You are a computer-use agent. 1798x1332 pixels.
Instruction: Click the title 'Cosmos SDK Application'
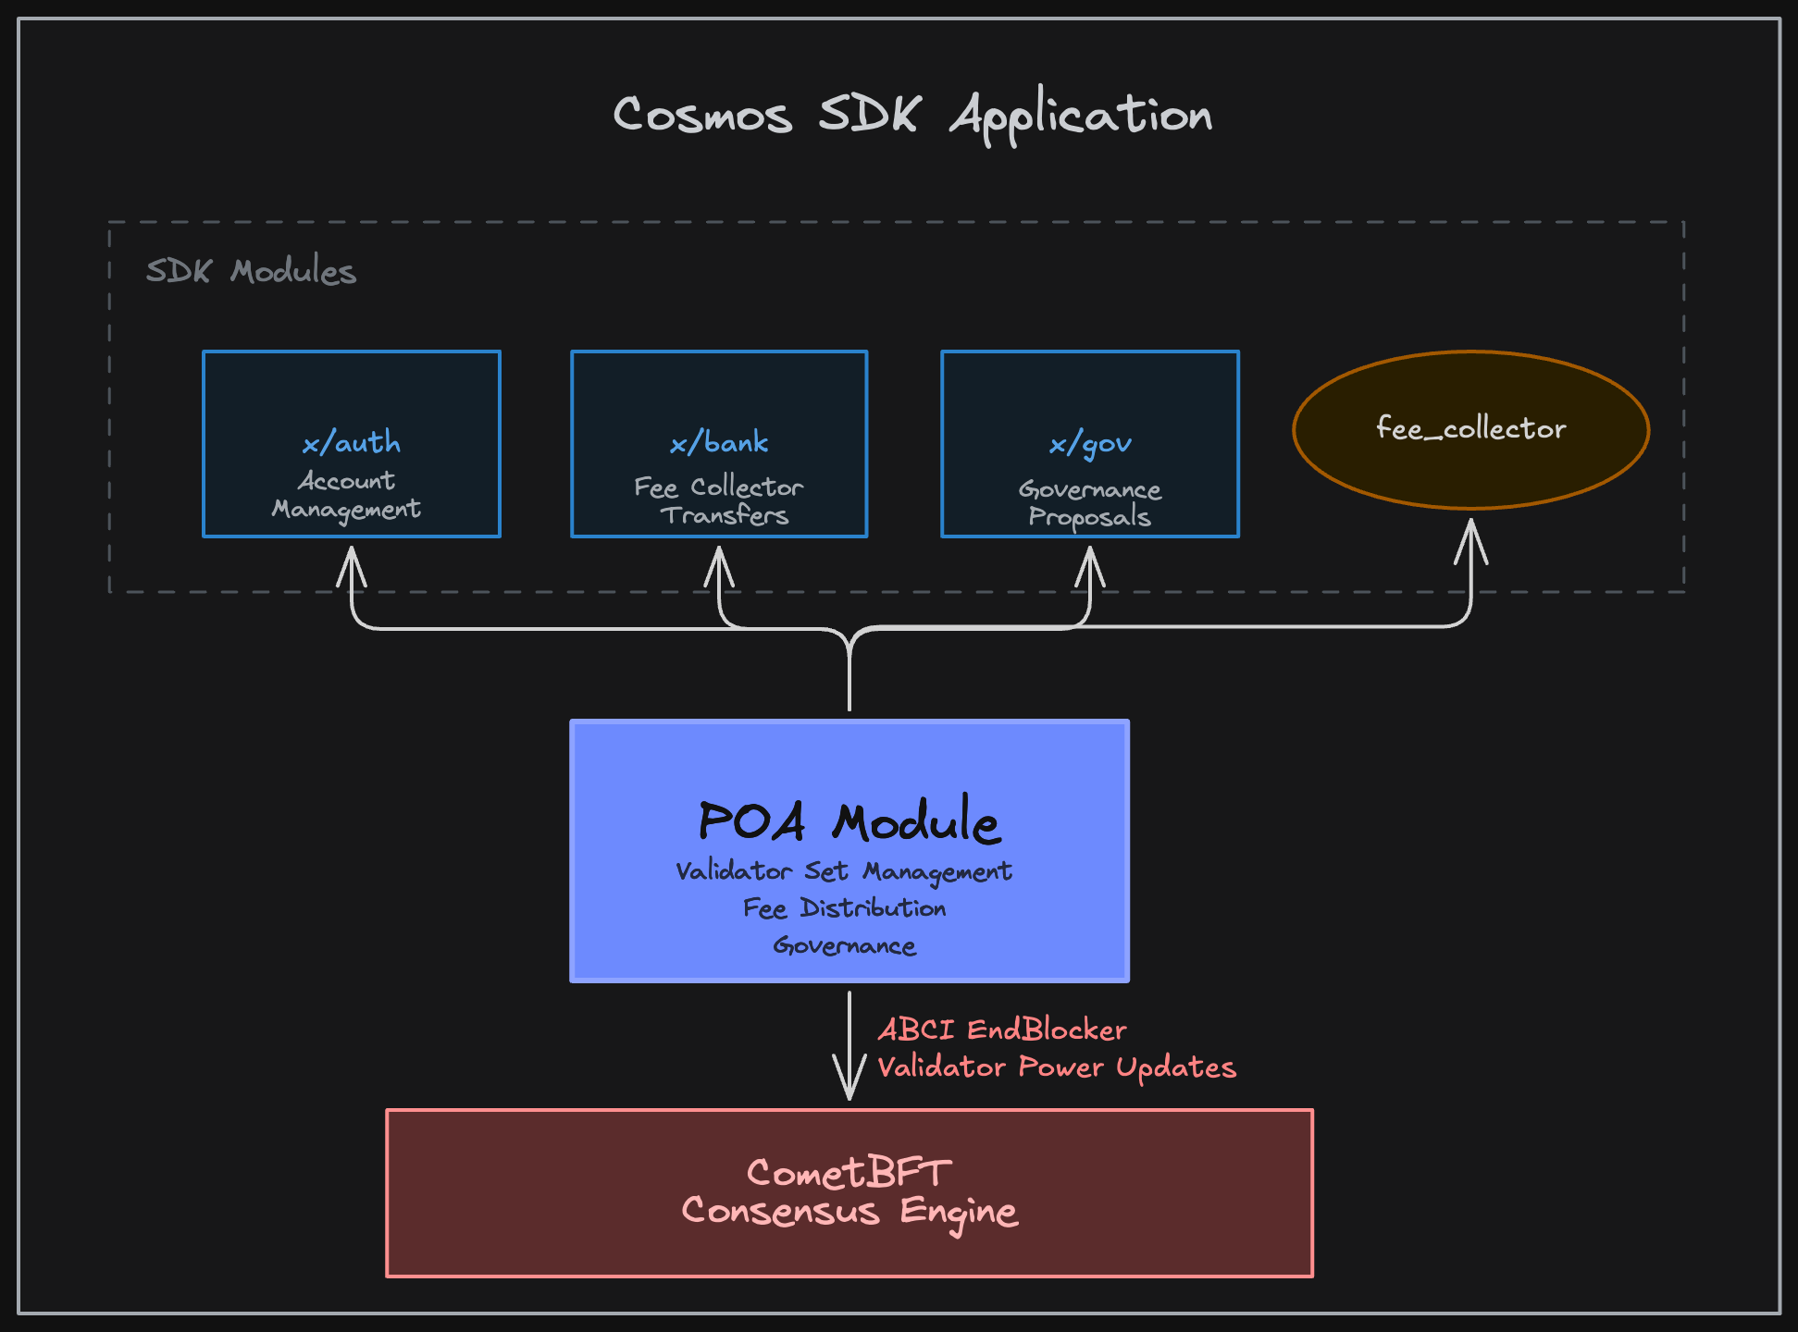pyautogui.click(x=912, y=115)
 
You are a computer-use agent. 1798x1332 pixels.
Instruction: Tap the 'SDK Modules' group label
pyautogui.click(x=251, y=271)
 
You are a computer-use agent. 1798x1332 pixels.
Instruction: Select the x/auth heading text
pyautogui.click(x=352, y=443)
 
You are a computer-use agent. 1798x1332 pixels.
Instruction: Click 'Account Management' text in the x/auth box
pyautogui.click(x=346, y=495)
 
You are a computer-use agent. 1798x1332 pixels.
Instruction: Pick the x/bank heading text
pyautogui.click(x=719, y=443)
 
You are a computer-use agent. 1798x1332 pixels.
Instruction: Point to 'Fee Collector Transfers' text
pyautogui.click(x=720, y=500)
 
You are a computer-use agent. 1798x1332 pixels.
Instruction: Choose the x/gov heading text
pyautogui.click(x=1090, y=445)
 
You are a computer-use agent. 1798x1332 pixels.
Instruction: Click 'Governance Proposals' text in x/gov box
pyautogui.click(x=1090, y=502)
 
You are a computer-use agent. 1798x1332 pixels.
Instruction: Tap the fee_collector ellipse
pyautogui.click(x=1470, y=428)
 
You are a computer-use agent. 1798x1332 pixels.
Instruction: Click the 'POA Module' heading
pyautogui.click(x=849, y=820)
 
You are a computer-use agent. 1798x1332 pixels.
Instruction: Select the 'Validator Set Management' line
pyautogui.click(x=844, y=871)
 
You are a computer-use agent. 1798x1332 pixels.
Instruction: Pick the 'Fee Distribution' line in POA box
pyautogui.click(x=844, y=908)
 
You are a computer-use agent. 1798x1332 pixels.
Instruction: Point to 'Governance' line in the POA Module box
pyautogui.click(x=844, y=945)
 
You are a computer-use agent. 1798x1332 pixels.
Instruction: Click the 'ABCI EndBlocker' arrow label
pyautogui.click(x=1001, y=1030)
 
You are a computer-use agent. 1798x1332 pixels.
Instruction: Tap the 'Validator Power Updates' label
pyautogui.click(x=1056, y=1067)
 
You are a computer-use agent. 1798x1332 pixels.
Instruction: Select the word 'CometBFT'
pyautogui.click(x=849, y=1173)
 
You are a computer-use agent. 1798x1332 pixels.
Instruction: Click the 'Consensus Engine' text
pyautogui.click(x=849, y=1211)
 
